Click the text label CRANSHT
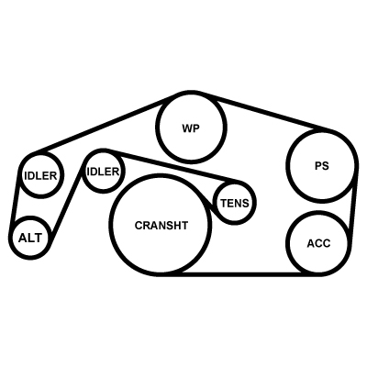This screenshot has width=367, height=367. [161, 226]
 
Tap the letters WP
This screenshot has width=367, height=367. [191, 128]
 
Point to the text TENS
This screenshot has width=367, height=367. [235, 203]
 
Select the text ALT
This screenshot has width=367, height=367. [30, 238]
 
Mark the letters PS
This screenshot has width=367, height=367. [321, 166]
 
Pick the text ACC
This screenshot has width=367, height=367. [318, 244]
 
